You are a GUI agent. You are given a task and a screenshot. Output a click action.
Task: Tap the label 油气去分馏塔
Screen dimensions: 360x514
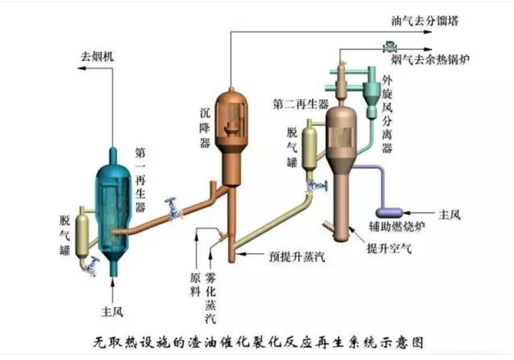(425, 21)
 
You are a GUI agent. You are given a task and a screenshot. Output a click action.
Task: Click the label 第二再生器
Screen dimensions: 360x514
(301, 103)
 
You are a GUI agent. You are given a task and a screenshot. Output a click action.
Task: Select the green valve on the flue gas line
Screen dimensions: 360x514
(387, 47)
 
